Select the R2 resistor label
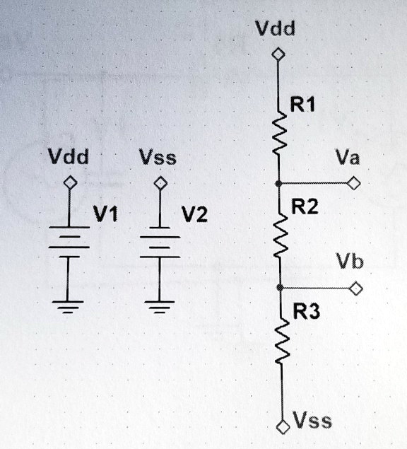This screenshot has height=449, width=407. pos(305,208)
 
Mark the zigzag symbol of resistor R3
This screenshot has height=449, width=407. pos(281,342)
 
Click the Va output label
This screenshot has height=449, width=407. pos(348,158)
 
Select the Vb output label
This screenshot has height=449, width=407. pos(350,263)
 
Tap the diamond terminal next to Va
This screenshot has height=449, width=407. pos(355,184)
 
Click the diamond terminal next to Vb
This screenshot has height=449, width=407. pos(356,288)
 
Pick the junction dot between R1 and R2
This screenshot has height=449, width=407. pos(280,183)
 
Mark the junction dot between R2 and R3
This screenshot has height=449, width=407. pos(281,288)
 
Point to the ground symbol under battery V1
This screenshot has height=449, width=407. pos(69,306)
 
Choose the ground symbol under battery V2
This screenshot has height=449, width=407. pos(160,306)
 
